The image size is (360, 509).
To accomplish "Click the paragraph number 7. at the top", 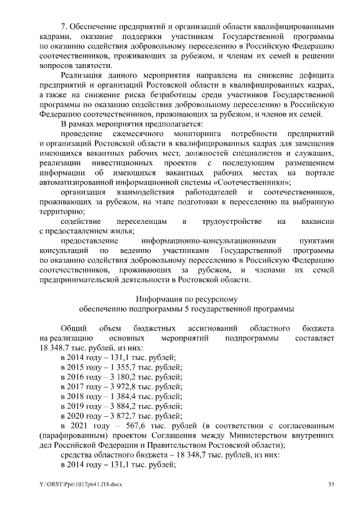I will click(64, 26).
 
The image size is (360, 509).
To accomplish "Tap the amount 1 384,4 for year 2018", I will click(115, 397).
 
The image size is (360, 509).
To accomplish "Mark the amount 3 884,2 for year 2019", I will click(115, 407).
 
